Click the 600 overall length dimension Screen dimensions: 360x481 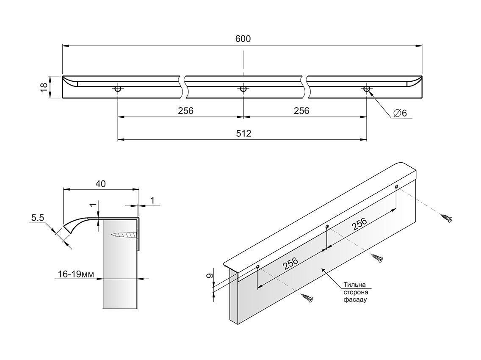tap(243, 39)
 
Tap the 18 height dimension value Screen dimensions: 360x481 tap(43, 87)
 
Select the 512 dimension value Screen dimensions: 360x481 tap(243, 133)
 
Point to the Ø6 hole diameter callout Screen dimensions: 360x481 tap(400, 113)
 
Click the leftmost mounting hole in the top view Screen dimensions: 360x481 tap(118, 89)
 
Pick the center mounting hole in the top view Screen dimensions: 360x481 tap(243, 89)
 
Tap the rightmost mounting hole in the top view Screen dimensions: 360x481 tap(367, 89)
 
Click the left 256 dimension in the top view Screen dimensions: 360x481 tap(185, 111)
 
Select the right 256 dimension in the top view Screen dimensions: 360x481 tap(301, 111)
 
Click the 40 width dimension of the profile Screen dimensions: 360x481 tap(101, 183)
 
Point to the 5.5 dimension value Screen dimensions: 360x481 tap(38, 218)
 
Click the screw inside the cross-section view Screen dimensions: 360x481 tap(125, 234)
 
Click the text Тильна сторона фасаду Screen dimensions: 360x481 tap(354, 292)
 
